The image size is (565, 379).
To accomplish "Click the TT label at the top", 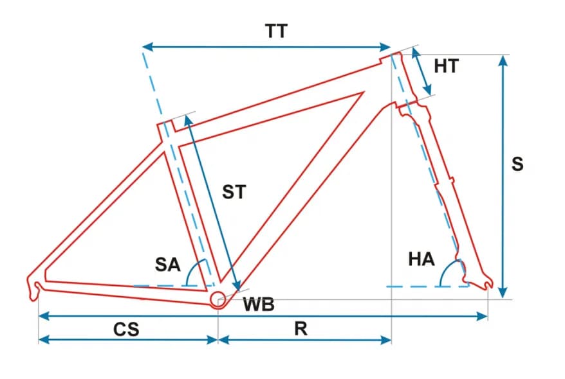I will tap(276, 31).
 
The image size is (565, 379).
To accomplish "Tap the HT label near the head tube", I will tap(446, 66).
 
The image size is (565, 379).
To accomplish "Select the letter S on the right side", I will tap(517, 164).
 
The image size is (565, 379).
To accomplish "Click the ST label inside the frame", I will tap(234, 191).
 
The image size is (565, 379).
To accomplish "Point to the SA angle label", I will tap(167, 264).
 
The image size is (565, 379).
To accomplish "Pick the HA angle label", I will tap(421, 260).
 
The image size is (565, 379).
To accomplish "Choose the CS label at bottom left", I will tap(126, 330).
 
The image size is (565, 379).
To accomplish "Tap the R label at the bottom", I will tap(301, 329).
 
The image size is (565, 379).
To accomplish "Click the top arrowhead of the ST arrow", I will tap(188, 119).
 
